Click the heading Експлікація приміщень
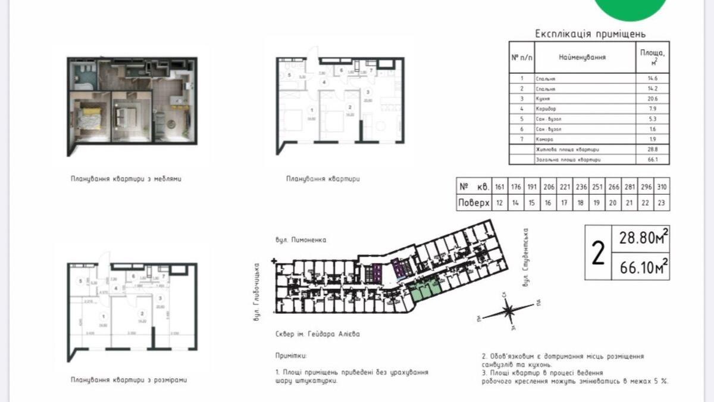[x=590, y=34]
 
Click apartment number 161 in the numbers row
[x=500, y=186]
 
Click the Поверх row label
[x=474, y=203]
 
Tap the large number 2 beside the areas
[x=598, y=254]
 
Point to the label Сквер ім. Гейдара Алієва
[x=318, y=334]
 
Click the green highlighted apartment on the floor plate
[x=424, y=290]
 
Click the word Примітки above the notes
[x=292, y=356]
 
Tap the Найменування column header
[x=582, y=57]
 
